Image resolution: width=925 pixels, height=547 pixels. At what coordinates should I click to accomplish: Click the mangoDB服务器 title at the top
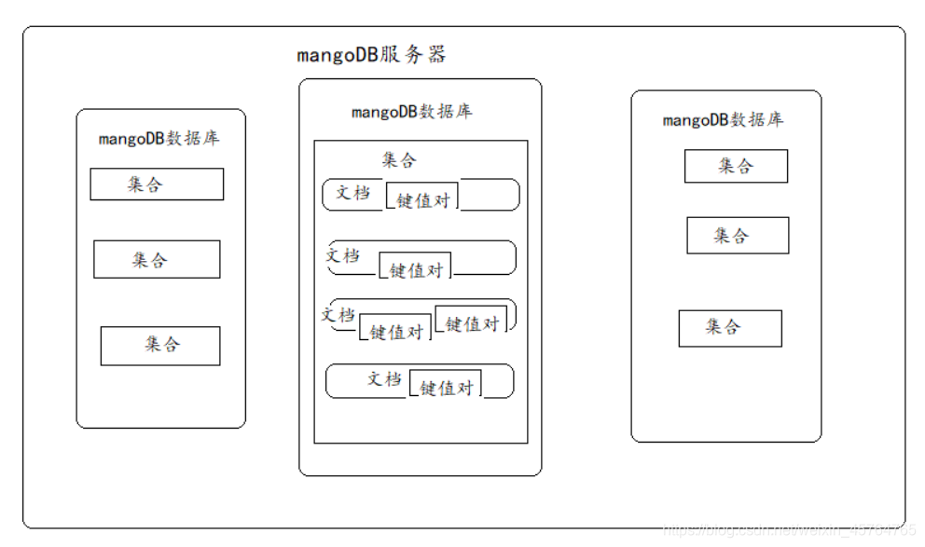[372, 54]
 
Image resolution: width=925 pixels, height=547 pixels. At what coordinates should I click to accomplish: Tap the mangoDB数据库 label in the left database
[159, 139]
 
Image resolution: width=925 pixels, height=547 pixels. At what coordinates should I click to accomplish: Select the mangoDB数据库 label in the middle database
[411, 112]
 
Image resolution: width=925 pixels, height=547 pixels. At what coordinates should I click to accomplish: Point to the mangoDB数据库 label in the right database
[723, 120]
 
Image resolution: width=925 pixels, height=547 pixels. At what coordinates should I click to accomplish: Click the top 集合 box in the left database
[157, 185]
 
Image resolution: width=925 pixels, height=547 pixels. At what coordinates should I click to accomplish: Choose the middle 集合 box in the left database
[157, 259]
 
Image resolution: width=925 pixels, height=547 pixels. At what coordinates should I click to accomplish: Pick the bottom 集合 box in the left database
[160, 345]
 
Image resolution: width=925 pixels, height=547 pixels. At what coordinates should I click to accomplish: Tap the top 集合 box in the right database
[736, 166]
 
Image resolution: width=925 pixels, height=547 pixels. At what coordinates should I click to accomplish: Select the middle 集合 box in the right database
[738, 235]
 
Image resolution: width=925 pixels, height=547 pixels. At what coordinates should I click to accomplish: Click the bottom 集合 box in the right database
[730, 328]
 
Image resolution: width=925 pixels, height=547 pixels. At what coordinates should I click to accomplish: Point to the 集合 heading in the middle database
[399, 160]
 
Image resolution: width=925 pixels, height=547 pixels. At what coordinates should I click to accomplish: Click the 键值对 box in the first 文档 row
[422, 199]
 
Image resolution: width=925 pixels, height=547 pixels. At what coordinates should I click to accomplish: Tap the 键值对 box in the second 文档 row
[415, 269]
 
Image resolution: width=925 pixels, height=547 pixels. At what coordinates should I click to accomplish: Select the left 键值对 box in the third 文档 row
[396, 331]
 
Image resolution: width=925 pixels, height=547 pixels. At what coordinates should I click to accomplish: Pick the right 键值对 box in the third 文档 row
[472, 323]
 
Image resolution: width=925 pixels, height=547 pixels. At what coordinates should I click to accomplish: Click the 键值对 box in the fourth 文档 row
[446, 388]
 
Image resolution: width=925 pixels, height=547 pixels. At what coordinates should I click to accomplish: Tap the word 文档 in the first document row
[353, 193]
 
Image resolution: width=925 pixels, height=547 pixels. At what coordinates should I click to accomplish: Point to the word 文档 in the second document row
[343, 254]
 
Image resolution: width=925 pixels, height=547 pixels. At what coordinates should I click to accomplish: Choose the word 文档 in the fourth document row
[384, 378]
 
